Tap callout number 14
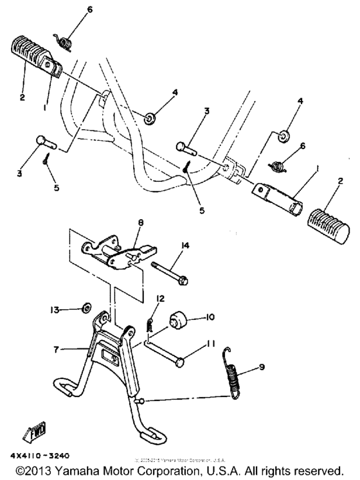(x=184, y=245)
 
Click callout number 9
(x=262, y=367)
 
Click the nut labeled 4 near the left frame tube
(x=134, y=118)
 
